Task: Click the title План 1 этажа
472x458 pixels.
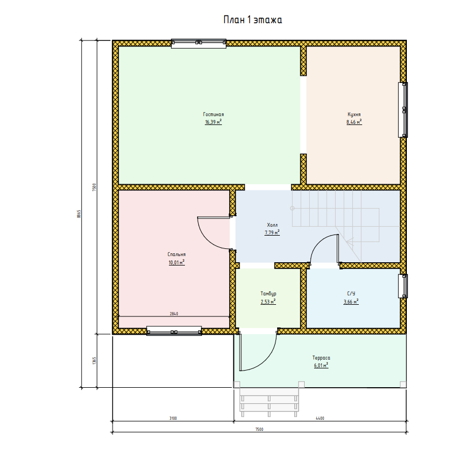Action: (x=252, y=20)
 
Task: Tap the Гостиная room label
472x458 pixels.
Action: (x=214, y=114)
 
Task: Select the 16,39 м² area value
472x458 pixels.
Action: (x=214, y=122)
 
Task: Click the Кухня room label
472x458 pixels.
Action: (x=354, y=114)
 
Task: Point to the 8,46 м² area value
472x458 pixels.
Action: (x=354, y=122)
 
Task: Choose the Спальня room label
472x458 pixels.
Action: (x=177, y=254)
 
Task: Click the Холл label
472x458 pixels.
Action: (x=272, y=225)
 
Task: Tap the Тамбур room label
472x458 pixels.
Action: (x=268, y=294)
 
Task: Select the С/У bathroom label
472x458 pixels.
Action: (x=351, y=294)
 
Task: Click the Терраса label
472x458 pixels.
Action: (x=321, y=358)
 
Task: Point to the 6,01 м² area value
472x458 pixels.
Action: (x=321, y=366)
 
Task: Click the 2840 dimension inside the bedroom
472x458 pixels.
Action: (x=174, y=314)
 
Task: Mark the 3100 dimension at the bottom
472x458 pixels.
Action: (x=173, y=418)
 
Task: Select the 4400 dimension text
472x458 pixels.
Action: (x=320, y=418)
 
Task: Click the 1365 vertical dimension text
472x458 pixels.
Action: (x=94, y=361)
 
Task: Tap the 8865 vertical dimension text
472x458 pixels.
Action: (x=79, y=214)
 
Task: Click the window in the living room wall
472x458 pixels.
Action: (x=199, y=44)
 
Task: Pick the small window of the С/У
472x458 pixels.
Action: (x=403, y=286)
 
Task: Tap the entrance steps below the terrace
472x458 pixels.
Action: (x=269, y=400)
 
